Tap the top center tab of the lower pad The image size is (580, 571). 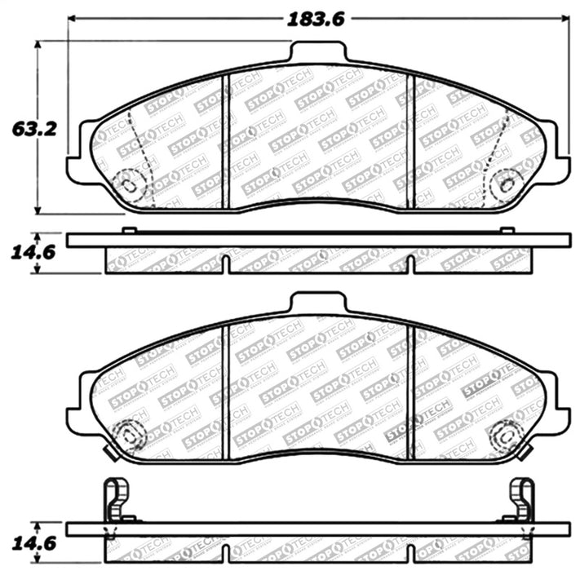[x=318, y=303]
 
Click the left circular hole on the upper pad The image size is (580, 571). [x=128, y=181]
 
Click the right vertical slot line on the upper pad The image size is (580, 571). [x=411, y=139]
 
